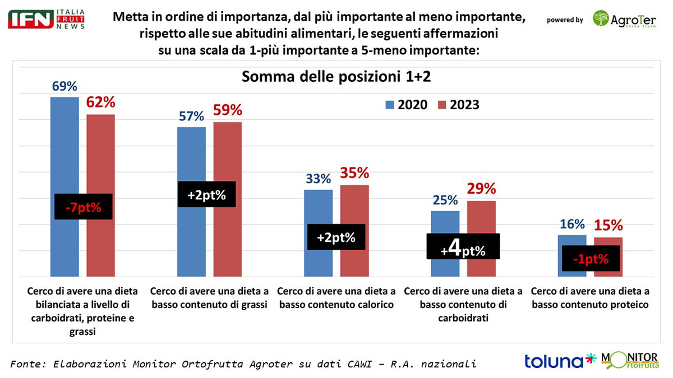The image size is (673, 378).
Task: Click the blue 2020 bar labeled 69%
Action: [64, 146]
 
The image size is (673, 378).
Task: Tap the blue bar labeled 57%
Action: [191, 157]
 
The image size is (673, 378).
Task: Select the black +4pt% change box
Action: [463, 246]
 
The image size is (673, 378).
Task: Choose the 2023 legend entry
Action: [459, 105]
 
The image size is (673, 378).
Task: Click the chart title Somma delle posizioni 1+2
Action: [336, 77]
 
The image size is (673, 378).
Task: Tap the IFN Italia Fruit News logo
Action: [47, 19]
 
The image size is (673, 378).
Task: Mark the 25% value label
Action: [445, 200]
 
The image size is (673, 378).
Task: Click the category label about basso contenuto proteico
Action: [589, 298]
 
